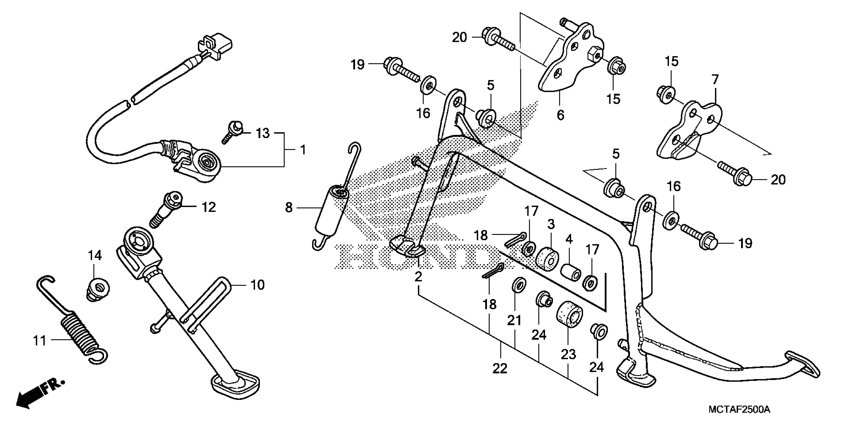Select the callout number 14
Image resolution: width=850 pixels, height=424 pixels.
[95, 255]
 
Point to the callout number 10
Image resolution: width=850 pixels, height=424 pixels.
[257, 285]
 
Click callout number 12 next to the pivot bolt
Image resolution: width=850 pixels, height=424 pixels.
[209, 207]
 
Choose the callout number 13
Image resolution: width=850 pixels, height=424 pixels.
[263, 133]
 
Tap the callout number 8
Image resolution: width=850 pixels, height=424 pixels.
[289, 208]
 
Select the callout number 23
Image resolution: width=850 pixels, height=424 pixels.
[568, 354]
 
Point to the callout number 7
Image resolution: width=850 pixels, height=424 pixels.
[715, 80]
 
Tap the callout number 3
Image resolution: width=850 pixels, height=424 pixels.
[551, 224]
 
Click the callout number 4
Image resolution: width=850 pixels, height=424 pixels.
[569, 239]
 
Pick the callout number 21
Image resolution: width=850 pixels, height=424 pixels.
[514, 320]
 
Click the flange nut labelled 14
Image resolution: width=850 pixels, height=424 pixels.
[98, 289]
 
